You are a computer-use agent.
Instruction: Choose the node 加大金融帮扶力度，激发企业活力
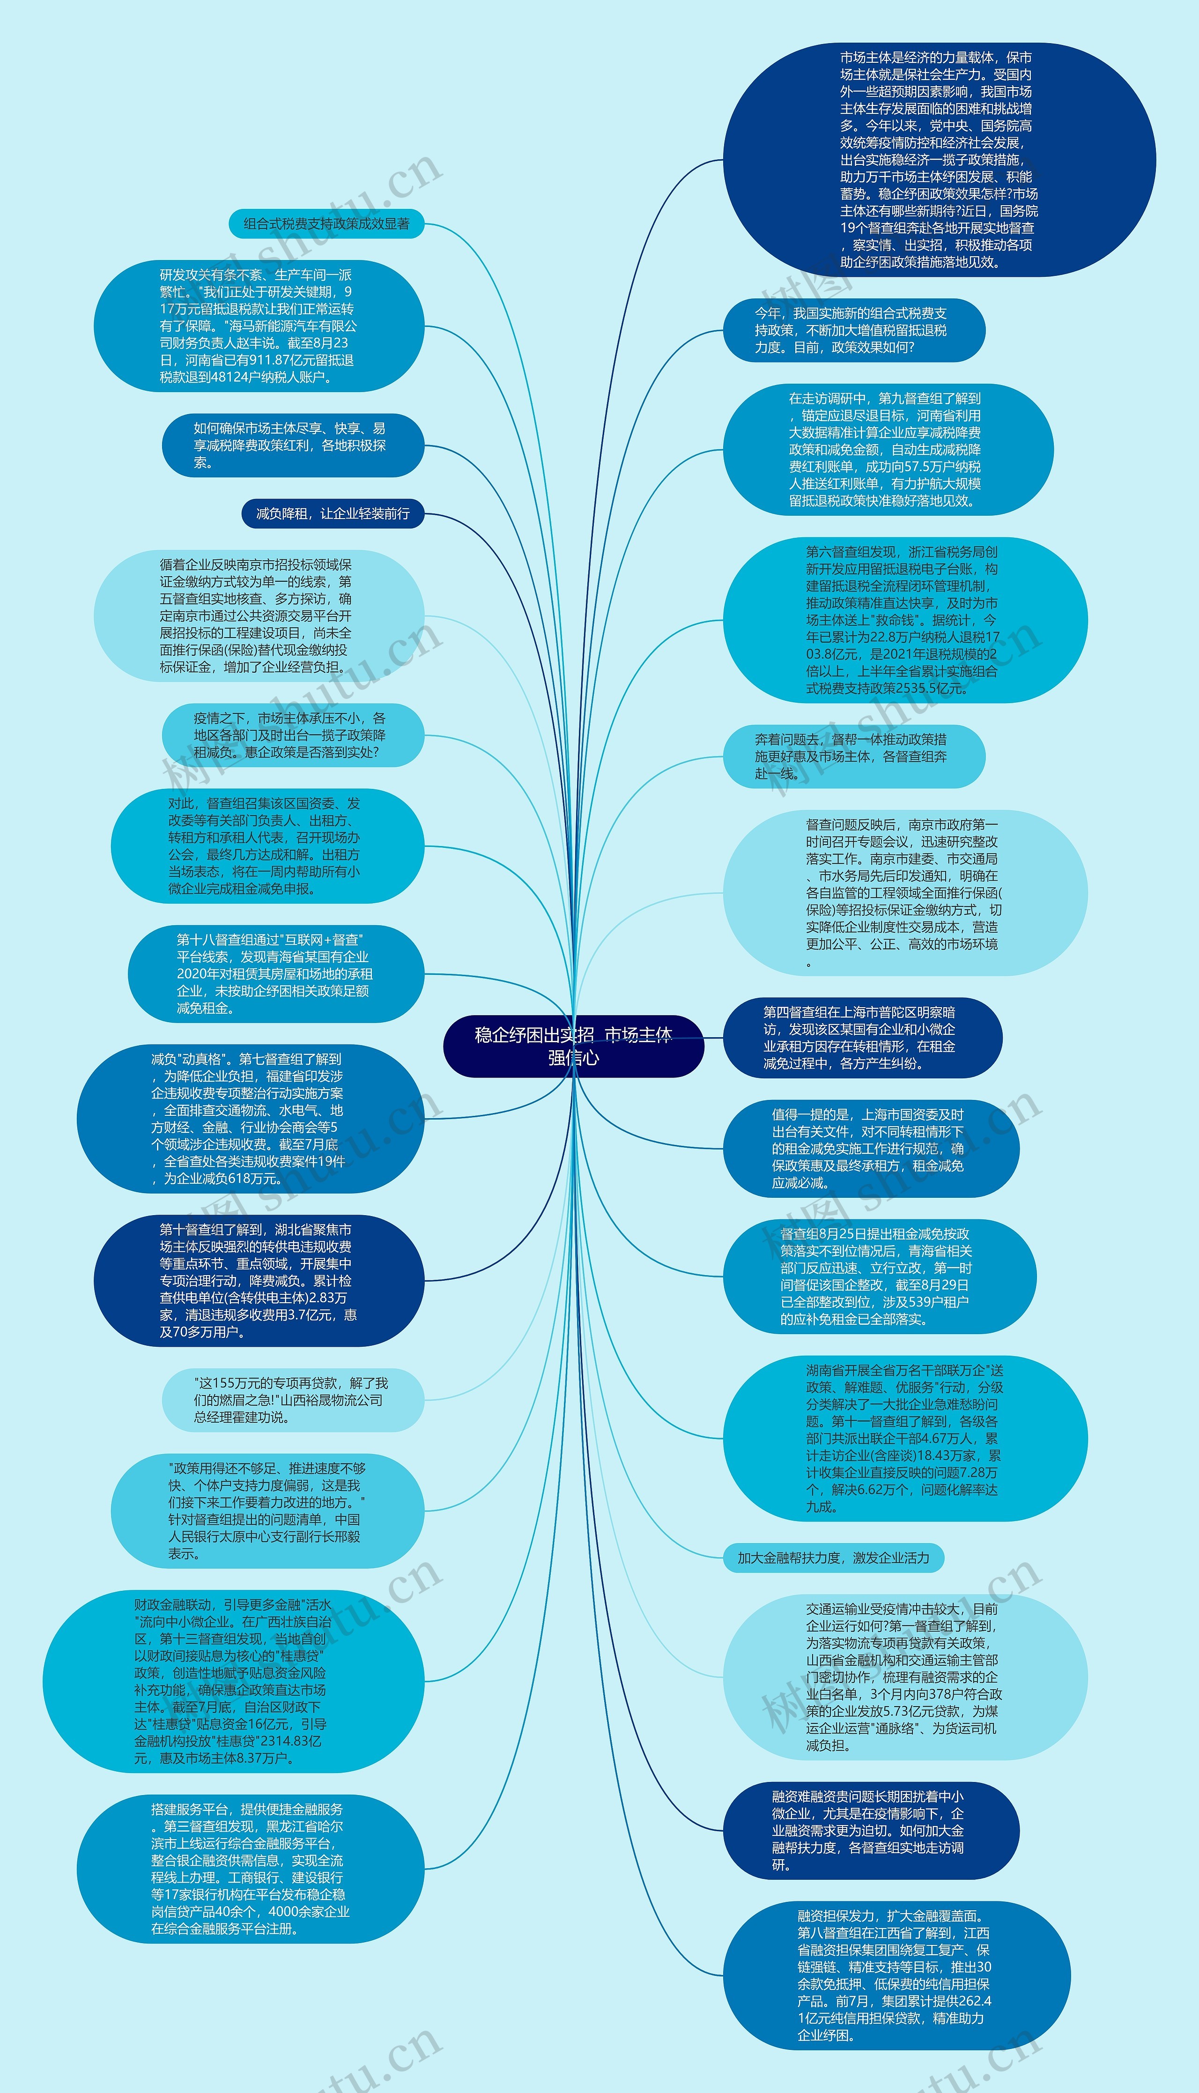pyautogui.click(x=833, y=1558)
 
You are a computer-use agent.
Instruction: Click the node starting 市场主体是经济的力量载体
pyautogui.click(x=939, y=160)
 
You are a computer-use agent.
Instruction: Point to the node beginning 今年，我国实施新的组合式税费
pyautogui.click(x=853, y=330)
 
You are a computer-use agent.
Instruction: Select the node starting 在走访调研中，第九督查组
pyautogui.click(x=888, y=450)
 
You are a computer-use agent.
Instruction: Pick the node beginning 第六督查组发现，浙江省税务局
pyautogui.click(x=904, y=620)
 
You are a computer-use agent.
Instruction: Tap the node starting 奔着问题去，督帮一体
pyautogui.click(x=853, y=757)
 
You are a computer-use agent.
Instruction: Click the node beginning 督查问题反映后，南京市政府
pyautogui.click(x=904, y=893)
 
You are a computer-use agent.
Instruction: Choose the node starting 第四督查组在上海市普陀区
pyautogui.click(x=861, y=1038)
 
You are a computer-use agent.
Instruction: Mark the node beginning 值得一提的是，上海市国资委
pyautogui.click(x=870, y=1149)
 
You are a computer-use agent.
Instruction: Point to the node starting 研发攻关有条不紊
pyautogui.click(x=259, y=326)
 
